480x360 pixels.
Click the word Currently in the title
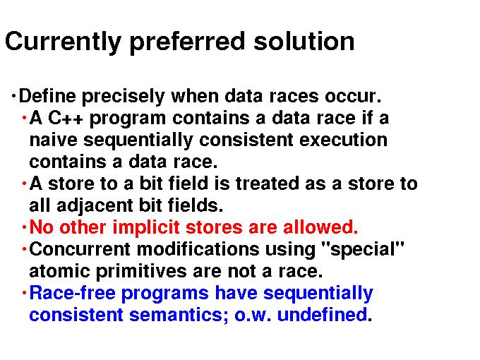[63, 42]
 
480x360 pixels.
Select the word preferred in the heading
[187, 42]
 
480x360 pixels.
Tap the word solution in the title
[304, 42]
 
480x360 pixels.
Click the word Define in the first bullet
[47, 96]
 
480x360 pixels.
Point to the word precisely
[124, 97]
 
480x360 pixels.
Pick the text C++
[66, 118]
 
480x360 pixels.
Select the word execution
[343, 140]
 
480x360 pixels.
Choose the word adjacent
[95, 206]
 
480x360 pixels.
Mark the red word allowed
[320, 227]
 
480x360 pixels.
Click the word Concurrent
[80, 249]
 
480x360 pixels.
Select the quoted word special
[364, 250]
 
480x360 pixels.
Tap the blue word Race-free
[72, 293]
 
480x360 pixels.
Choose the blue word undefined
[322, 314]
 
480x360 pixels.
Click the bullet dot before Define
[13, 96]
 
